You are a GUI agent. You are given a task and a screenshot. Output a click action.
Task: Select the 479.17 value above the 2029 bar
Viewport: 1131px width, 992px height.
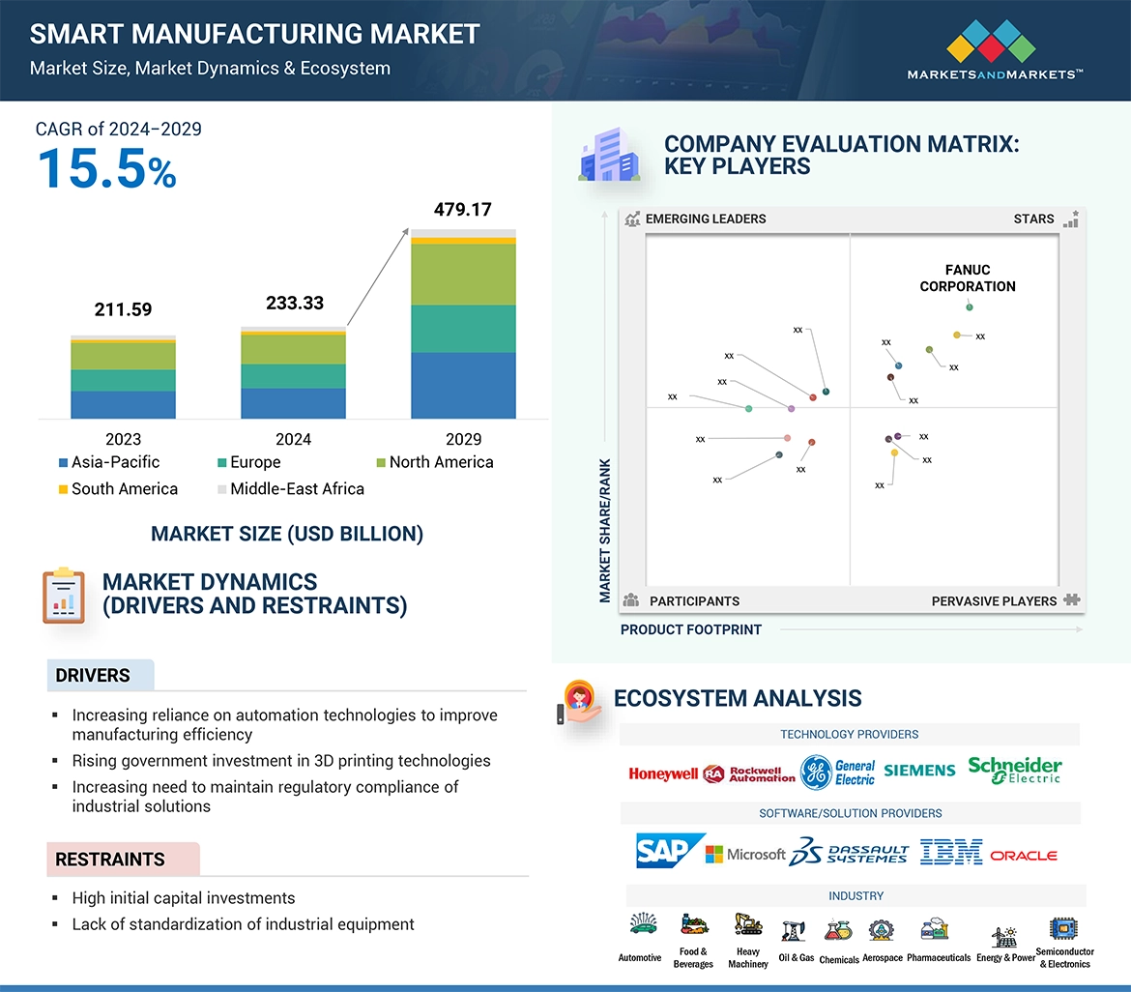[463, 209]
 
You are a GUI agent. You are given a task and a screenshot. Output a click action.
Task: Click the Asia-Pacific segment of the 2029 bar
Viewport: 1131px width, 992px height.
[463, 385]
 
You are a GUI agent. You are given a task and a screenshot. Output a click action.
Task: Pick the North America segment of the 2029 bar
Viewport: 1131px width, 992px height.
[463, 276]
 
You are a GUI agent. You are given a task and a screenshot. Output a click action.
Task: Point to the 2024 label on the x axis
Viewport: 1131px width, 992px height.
[293, 439]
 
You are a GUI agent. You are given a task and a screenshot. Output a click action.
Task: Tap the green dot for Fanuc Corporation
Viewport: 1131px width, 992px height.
[970, 307]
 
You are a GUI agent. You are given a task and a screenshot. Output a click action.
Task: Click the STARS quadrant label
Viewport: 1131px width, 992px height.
[1034, 219]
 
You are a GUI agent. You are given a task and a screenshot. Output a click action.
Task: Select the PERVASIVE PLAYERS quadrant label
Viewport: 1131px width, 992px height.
[994, 601]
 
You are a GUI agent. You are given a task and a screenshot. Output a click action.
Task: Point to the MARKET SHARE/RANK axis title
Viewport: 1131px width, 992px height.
[605, 530]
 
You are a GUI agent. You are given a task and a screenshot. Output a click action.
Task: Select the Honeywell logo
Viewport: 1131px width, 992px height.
[663, 773]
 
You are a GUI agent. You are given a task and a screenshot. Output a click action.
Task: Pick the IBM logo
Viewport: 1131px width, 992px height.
[951, 852]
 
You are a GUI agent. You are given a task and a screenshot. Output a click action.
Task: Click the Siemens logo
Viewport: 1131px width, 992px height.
[919, 771]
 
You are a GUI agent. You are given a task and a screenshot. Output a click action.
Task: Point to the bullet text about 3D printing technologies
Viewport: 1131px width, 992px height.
[281, 761]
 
